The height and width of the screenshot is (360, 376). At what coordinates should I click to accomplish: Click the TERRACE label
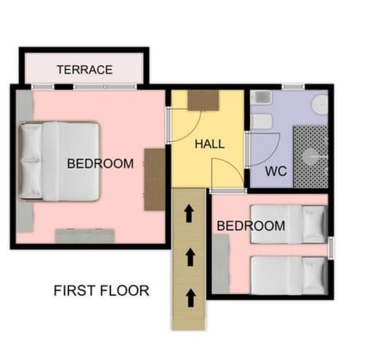[85, 70]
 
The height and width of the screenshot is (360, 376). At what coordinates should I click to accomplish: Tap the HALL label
[209, 144]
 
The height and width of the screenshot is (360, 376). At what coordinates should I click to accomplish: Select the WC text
[275, 171]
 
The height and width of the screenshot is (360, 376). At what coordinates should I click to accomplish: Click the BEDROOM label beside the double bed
[100, 164]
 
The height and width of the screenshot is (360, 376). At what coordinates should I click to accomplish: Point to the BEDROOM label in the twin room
[251, 226]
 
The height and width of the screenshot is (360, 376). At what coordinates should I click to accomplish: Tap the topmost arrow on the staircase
[189, 213]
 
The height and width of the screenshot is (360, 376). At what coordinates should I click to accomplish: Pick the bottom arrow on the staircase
[189, 296]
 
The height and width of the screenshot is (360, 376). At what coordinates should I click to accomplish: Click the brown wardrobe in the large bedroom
[154, 179]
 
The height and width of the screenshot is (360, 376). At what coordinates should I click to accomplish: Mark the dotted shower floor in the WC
[310, 156]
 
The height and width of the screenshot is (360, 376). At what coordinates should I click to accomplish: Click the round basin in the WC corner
[320, 104]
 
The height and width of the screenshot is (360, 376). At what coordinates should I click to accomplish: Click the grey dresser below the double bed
[85, 235]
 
